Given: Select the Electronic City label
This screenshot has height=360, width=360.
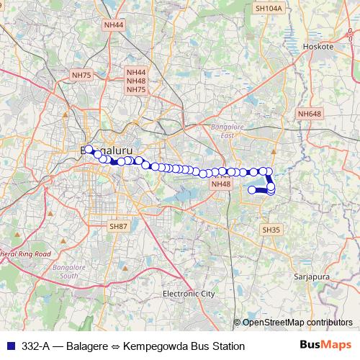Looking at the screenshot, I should coord(189,294).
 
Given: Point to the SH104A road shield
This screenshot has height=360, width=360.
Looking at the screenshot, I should coord(269,8).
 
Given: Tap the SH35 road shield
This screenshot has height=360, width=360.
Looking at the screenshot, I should coord(270,229).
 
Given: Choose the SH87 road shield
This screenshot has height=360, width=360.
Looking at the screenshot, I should coord(118,226).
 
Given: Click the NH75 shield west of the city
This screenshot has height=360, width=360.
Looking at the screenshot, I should coord(81,75).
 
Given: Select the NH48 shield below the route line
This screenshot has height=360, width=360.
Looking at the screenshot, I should coord(220,184).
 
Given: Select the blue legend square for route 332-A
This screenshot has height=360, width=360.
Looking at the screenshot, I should coord(9,346).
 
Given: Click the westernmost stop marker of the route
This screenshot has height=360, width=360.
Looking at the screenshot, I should coord(89,150).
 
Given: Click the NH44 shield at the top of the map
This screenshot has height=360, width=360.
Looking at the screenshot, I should coord(114,24).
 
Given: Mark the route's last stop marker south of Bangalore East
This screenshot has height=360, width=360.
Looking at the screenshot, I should coord(253,190).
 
